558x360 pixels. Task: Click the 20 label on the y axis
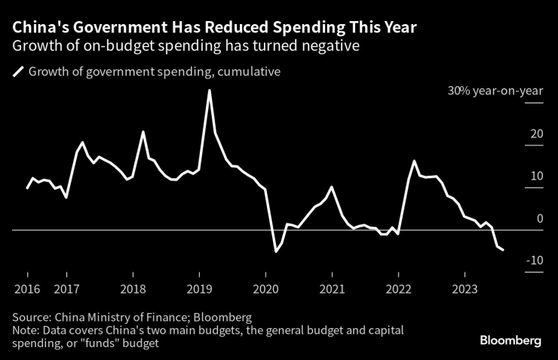[537, 134]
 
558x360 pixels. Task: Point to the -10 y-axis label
[535, 260]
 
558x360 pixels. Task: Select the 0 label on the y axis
[539, 219]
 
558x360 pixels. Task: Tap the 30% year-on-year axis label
[495, 91]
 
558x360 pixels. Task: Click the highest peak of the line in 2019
[209, 91]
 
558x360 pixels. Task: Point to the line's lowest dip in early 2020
[275, 251]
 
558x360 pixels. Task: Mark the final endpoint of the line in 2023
[503, 250]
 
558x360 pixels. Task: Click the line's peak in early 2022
[414, 161]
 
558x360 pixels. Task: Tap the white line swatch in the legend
[18, 72]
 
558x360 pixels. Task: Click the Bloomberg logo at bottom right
[510, 341]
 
